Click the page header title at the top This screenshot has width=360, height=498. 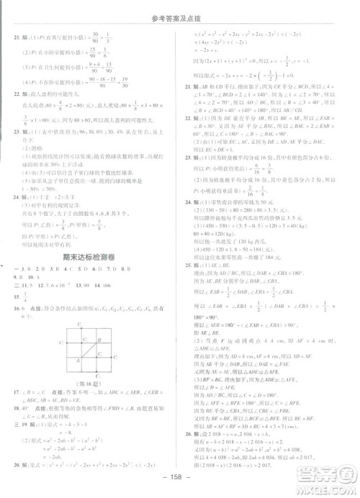[179, 9]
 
